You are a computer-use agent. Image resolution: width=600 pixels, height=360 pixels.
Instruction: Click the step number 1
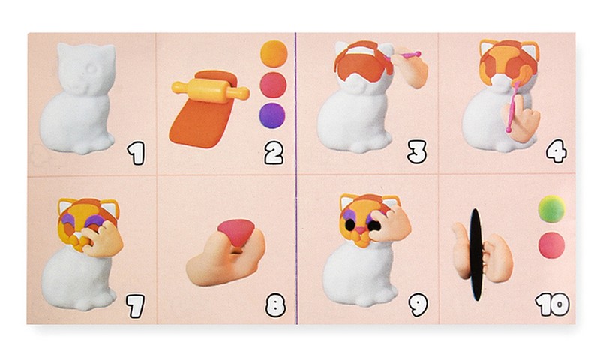[x=136, y=153]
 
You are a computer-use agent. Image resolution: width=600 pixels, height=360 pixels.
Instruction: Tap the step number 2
[x=274, y=153]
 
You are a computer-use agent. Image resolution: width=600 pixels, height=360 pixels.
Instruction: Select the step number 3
[x=417, y=152]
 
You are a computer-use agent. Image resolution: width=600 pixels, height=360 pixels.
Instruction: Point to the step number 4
[x=556, y=151]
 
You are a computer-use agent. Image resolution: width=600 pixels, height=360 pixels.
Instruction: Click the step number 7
[x=136, y=306]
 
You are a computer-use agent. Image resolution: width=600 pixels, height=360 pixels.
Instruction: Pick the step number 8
[x=275, y=305]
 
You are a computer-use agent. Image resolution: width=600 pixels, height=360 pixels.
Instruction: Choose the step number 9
[x=418, y=304]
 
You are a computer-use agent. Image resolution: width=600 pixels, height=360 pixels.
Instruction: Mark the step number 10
[x=553, y=304]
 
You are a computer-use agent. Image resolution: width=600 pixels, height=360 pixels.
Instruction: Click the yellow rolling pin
[x=210, y=90]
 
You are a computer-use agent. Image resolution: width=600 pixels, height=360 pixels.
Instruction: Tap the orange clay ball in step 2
[x=274, y=53]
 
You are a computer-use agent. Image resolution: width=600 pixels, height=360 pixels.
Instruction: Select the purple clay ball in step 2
[x=272, y=115]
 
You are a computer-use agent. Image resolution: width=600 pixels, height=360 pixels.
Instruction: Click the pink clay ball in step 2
[x=273, y=85]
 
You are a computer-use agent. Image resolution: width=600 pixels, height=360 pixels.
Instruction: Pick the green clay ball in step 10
[x=551, y=209]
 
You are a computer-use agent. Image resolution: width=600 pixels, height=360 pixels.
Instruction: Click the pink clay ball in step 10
[x=551, y=245]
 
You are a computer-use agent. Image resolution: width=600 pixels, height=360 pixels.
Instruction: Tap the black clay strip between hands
[x=475, y=254]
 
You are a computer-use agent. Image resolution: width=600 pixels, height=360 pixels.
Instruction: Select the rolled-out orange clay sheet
[x=199, y=115]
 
